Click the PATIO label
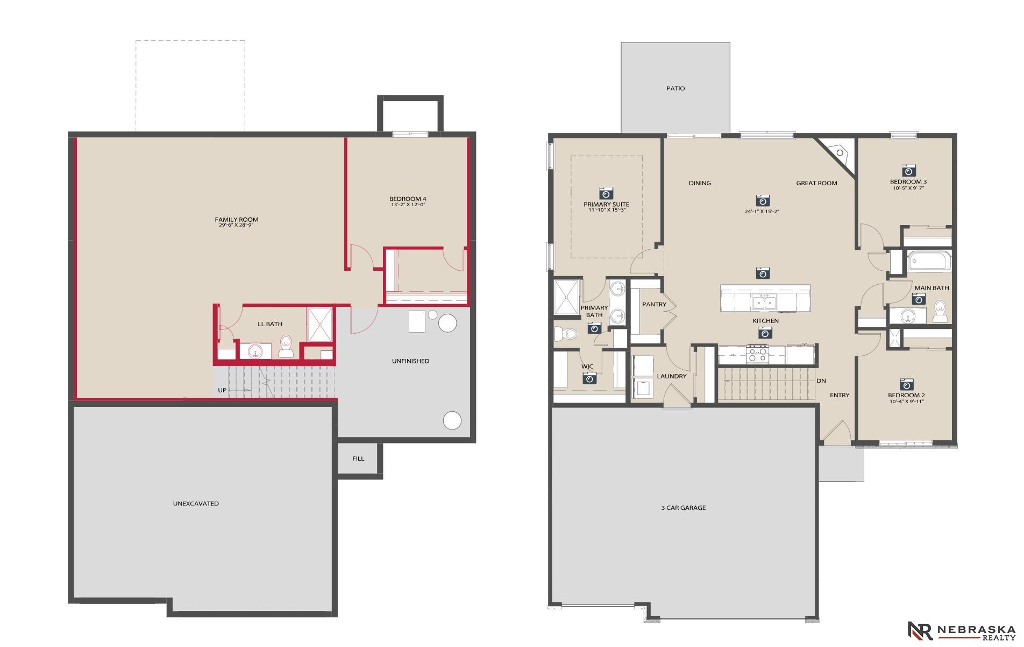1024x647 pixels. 675,88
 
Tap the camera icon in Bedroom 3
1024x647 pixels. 909,171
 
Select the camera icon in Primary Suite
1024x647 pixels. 606,193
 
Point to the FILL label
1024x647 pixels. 358,459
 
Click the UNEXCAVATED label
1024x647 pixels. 196,504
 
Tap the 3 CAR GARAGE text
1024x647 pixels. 683,508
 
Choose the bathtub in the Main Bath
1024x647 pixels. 929,261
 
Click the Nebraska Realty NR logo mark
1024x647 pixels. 920,630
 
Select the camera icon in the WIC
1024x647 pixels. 589,378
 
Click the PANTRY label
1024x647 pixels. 654,305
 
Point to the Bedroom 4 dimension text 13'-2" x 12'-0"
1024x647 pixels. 408,205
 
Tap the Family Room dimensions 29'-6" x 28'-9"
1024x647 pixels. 236,225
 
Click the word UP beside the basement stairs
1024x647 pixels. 222,390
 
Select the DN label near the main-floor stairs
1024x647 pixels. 821,381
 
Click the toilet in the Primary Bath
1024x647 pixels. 565,334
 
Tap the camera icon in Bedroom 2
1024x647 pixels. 906,384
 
